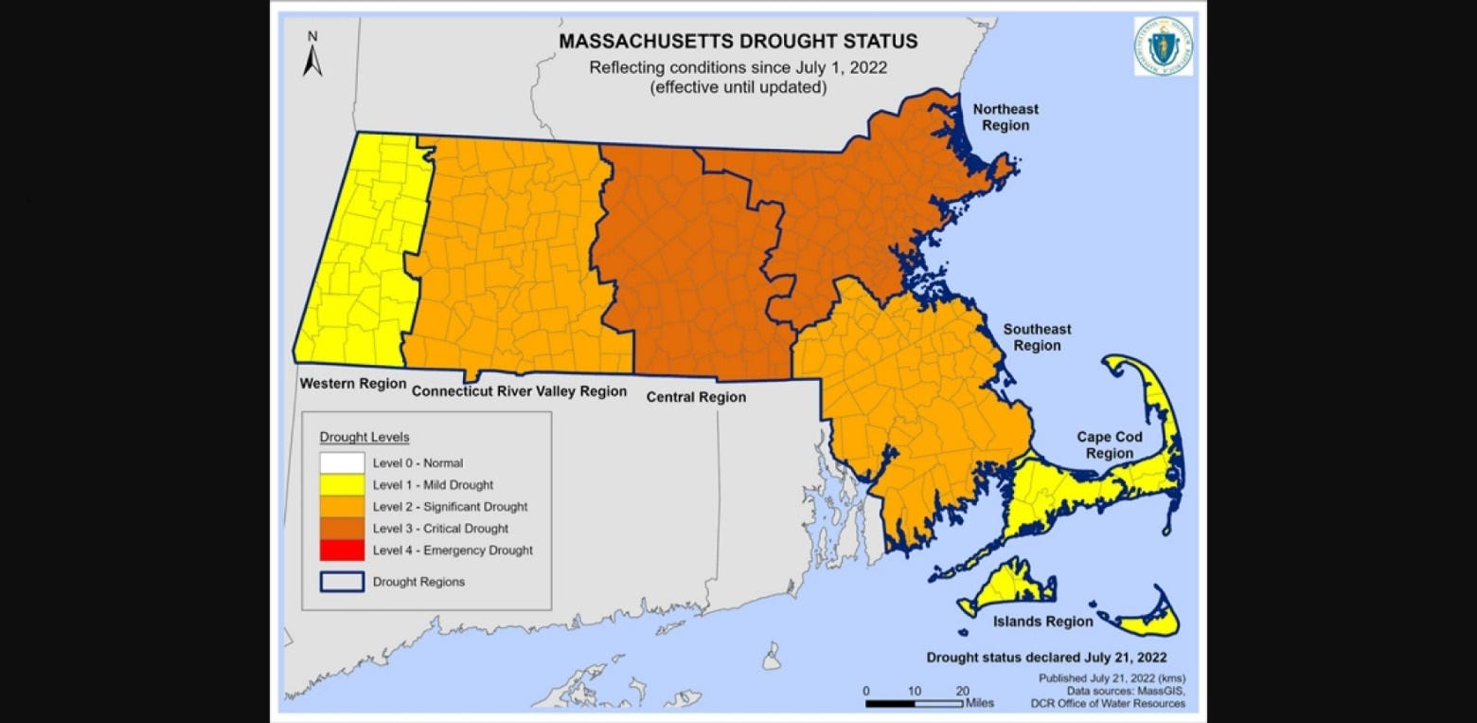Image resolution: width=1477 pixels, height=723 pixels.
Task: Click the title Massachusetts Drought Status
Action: (738, 42)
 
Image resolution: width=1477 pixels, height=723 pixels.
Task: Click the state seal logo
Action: (1163, 46)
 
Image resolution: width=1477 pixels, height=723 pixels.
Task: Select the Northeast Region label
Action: (1005, 117)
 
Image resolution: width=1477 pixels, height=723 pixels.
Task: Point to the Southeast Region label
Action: (1037, 337)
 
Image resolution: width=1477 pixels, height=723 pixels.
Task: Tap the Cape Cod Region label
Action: (1110, 445)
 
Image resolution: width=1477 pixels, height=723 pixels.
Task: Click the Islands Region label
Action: (1042, 622)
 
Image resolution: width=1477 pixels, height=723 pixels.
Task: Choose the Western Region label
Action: (352, 384)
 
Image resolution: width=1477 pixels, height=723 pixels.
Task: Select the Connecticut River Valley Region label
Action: (519, 391)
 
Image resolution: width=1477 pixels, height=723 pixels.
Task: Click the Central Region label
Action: (696, 397)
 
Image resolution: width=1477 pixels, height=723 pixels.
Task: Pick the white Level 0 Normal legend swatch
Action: (342, 463)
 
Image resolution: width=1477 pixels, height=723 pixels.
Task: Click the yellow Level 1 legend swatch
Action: (342, 485)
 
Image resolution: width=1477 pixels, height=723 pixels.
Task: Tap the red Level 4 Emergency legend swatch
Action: (342, 550)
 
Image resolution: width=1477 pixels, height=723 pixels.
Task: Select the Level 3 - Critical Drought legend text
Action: (440, 529)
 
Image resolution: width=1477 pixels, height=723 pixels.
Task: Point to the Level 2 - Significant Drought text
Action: (450, 507)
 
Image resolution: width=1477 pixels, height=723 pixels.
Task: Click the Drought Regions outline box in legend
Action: (342, 581)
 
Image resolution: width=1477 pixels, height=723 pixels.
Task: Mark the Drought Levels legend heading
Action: (365, 438)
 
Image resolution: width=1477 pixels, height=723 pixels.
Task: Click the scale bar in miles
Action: (915, 703)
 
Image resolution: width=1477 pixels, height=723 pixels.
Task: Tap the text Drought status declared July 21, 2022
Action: (1046, 657)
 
